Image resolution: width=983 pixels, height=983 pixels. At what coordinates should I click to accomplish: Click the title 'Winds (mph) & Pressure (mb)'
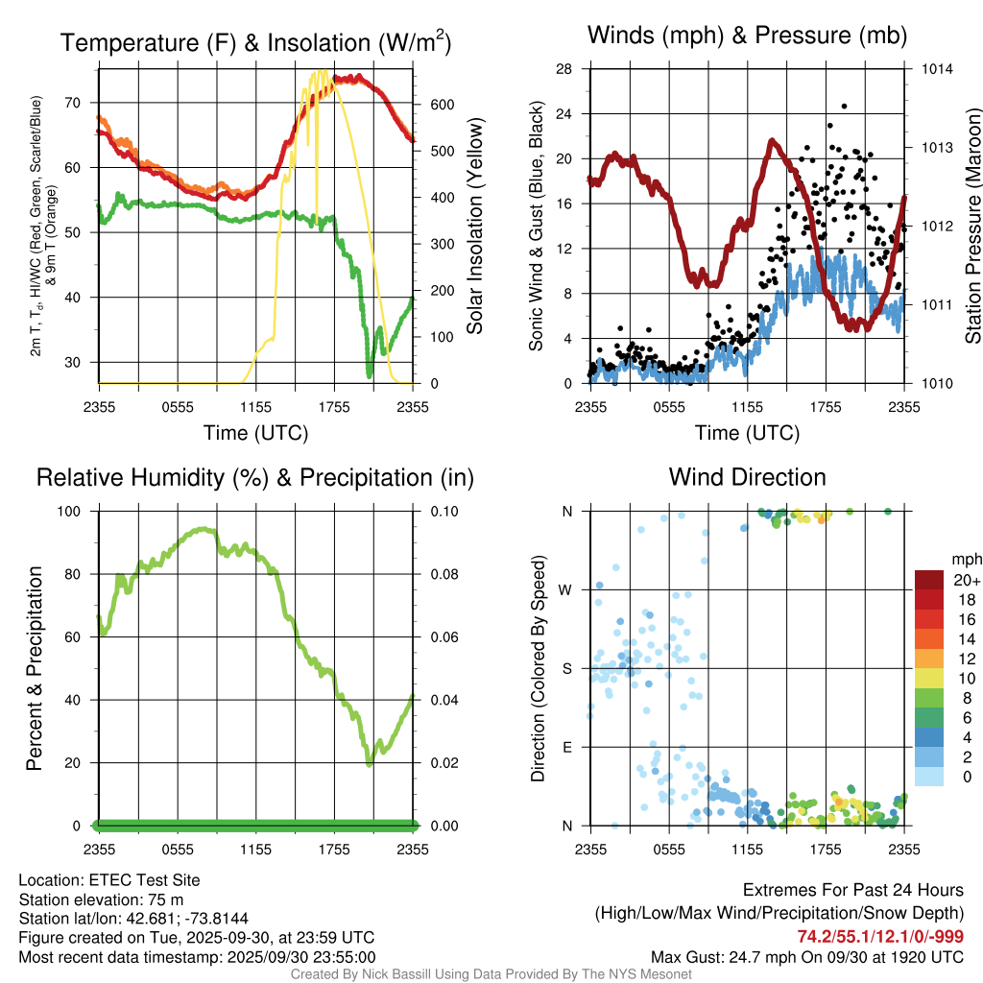(747, 36)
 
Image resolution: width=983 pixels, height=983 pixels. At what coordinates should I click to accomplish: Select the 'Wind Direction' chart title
(747, 477)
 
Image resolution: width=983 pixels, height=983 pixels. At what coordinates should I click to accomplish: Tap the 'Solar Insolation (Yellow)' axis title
(474, 227)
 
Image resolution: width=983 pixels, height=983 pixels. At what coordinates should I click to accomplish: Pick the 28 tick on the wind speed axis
(564, 69)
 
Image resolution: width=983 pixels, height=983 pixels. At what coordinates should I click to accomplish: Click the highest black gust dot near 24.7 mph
(844, 107)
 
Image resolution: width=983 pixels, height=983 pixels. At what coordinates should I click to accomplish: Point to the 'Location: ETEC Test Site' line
(109, 880)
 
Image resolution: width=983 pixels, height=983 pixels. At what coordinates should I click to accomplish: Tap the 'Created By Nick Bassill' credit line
(491, 974)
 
